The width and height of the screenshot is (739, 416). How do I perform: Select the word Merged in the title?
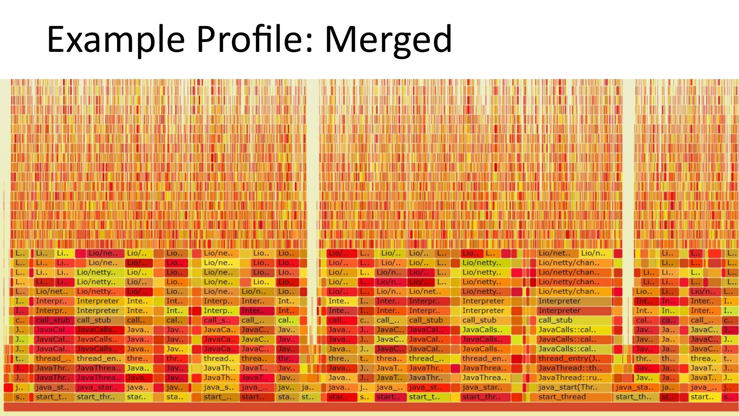click(x=388, y=39)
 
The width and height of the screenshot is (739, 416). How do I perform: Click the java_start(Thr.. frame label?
click(x=567, y=387)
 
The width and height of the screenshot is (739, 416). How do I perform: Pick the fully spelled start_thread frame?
click(x=562, y=397)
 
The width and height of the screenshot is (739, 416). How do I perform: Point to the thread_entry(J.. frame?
click(x=569, y=358)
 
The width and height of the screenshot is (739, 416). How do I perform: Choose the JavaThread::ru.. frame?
click(x=570, y=378)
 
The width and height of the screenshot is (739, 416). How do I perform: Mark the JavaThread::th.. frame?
click(x=570, y=368)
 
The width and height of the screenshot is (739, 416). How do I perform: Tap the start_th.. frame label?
click(x=634, y=397)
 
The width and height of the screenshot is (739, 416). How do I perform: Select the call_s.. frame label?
click(x=217, y=320)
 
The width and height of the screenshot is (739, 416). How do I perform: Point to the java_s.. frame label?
click(x=218, y=387)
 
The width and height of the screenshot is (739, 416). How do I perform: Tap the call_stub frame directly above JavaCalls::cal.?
click(x=555, y=320)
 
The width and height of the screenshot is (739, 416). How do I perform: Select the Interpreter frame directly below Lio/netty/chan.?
click(x=559, y=301)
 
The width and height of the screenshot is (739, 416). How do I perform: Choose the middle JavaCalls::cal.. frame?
click(x=567, y=340)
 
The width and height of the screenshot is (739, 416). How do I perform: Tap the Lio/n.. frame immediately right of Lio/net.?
click(x=593, y=253)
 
